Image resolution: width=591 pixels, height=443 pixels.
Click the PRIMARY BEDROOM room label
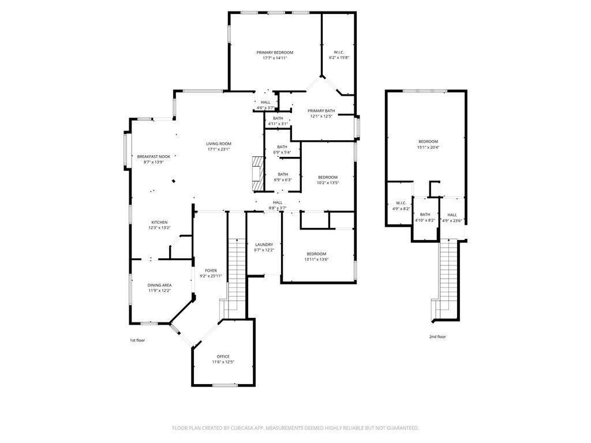pos(275,52)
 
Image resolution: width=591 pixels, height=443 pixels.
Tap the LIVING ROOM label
pos(219,144)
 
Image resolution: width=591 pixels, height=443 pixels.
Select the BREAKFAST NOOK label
pos(154,157)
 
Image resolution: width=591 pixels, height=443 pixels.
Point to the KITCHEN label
pos(159,222)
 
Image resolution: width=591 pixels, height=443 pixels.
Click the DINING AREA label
pos(159,285)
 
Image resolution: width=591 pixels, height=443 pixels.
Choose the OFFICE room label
pos(223,356)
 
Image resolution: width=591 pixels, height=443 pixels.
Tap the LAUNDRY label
pos(264,245)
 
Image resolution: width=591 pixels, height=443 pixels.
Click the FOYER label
pos(211,271)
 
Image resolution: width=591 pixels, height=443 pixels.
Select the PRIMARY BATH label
pos(321,111)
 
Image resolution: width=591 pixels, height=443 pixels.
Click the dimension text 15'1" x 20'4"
pos(428,147)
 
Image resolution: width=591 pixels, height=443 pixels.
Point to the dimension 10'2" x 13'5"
pos(328,183)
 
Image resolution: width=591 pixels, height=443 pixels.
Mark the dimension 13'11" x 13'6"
pos(316,259)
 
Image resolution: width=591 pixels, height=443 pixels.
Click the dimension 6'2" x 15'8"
pos(339,58)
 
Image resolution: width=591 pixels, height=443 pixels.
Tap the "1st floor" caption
pos(137,340)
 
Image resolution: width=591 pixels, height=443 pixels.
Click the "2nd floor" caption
pos(437,337)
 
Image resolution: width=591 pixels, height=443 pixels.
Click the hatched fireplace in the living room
pos(257,174)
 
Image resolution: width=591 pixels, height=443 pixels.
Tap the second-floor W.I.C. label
pos(401,203)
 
